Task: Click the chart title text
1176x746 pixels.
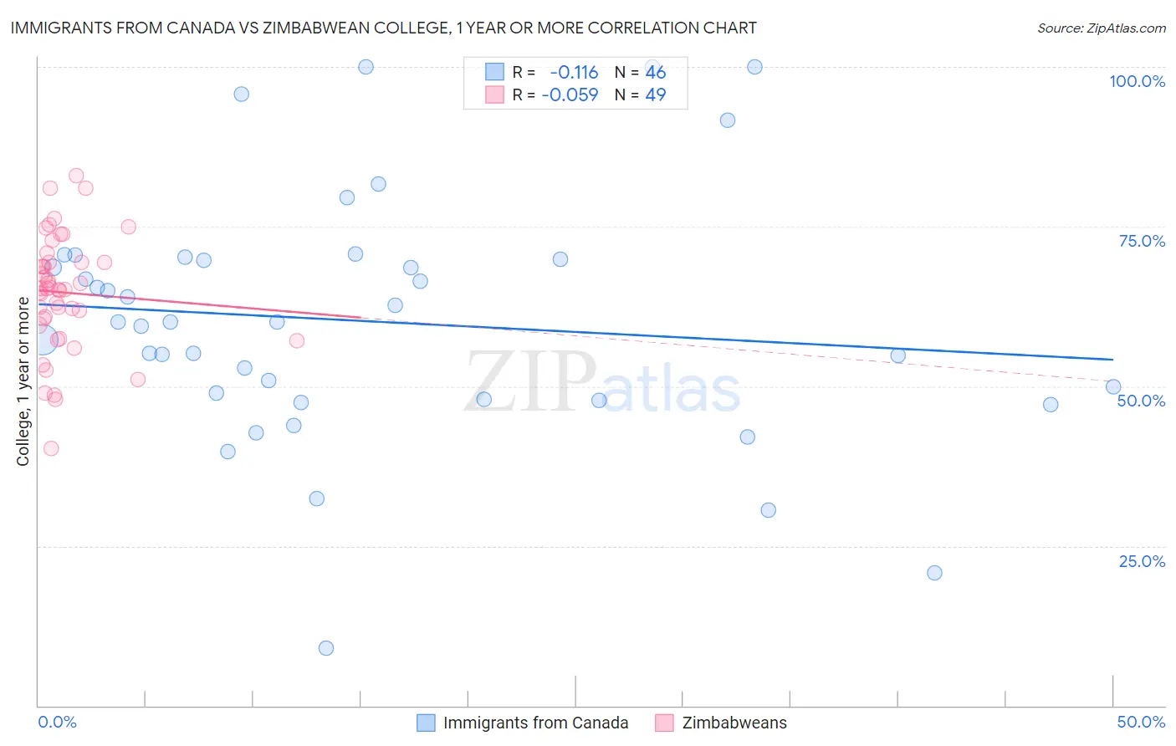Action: (x=383, y=28)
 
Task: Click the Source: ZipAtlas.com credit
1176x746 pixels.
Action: (x=1101, y=28)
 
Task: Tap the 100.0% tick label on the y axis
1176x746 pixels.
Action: (x=1137, y=81)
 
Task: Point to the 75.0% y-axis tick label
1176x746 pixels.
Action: (x=1142, y=241)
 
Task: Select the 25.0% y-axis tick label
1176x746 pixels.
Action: (x=1142, y=560)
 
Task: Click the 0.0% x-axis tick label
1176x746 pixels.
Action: (x=57, y=722)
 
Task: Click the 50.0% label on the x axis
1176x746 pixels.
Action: (x=1141, y=722)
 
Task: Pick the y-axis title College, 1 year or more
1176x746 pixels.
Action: (x=23, y=381)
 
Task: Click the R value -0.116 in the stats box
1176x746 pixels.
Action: (x=574, y=72)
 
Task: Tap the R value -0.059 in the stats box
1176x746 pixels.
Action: (x=570, y=95)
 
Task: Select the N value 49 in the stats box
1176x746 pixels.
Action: (x=655, y=95)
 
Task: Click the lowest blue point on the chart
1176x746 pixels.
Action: (x=326, y=648)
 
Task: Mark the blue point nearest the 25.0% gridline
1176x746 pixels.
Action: (x=934, y=573)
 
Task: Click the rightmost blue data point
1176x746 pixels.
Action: (x=1113, y=386)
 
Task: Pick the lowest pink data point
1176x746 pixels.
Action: (x=51, y=448)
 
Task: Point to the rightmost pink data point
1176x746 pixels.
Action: (x=296, y=340)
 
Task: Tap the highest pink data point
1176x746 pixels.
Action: (x=76, y=176)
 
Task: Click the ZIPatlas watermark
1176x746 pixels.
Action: (x=602, y=383)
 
